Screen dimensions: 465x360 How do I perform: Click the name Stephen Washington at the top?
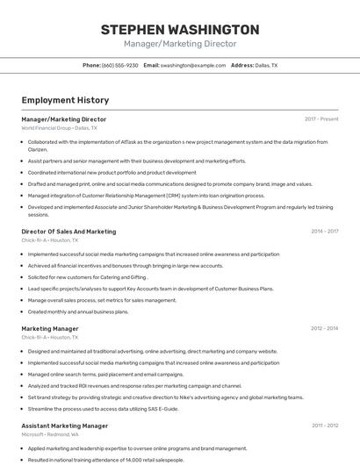pyautogui.click(x=180, y=29)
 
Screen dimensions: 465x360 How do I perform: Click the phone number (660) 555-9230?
pyautogui.click(x=119, y=65)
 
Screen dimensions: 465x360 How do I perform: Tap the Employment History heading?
pyautogui.click(x=65, y=101)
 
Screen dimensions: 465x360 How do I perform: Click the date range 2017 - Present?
pyautogui.click(x=321, y=119)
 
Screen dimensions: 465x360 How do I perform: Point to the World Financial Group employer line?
pyautogui.click(x=59, y=128)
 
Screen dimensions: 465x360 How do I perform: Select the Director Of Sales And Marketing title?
pyautogui.click(x=68, y=232)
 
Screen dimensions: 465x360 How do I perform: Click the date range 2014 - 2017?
pyautogui.click(x=324, y=232)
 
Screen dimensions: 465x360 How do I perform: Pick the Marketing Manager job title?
pyautogui.click(x=50, y=329)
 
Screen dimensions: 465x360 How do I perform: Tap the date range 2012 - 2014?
pyautogui.click(x=324, y=329)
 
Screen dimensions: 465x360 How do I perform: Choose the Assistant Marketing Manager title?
pyautogui.click(x=65, y=426)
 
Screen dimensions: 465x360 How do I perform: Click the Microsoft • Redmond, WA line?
pyautogui.click(x=50, y=434)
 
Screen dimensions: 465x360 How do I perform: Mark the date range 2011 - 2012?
pyautogui.click(x=324, y=426)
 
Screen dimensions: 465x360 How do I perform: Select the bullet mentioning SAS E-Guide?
pyautogui.click(x=103, y=408)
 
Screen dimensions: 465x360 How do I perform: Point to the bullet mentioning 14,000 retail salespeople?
pyautogui.click(x=105, y=460)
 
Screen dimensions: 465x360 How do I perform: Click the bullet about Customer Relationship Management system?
pyautogui.click(x=146, y=196)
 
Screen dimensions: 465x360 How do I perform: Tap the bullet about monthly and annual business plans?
pyautogui.click(x=78, y=311)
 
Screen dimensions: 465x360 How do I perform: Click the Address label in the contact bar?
pyautogui.click(x=242, y=65)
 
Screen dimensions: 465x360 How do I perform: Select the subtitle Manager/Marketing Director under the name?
pyautogui.click(x=180, y=44)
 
